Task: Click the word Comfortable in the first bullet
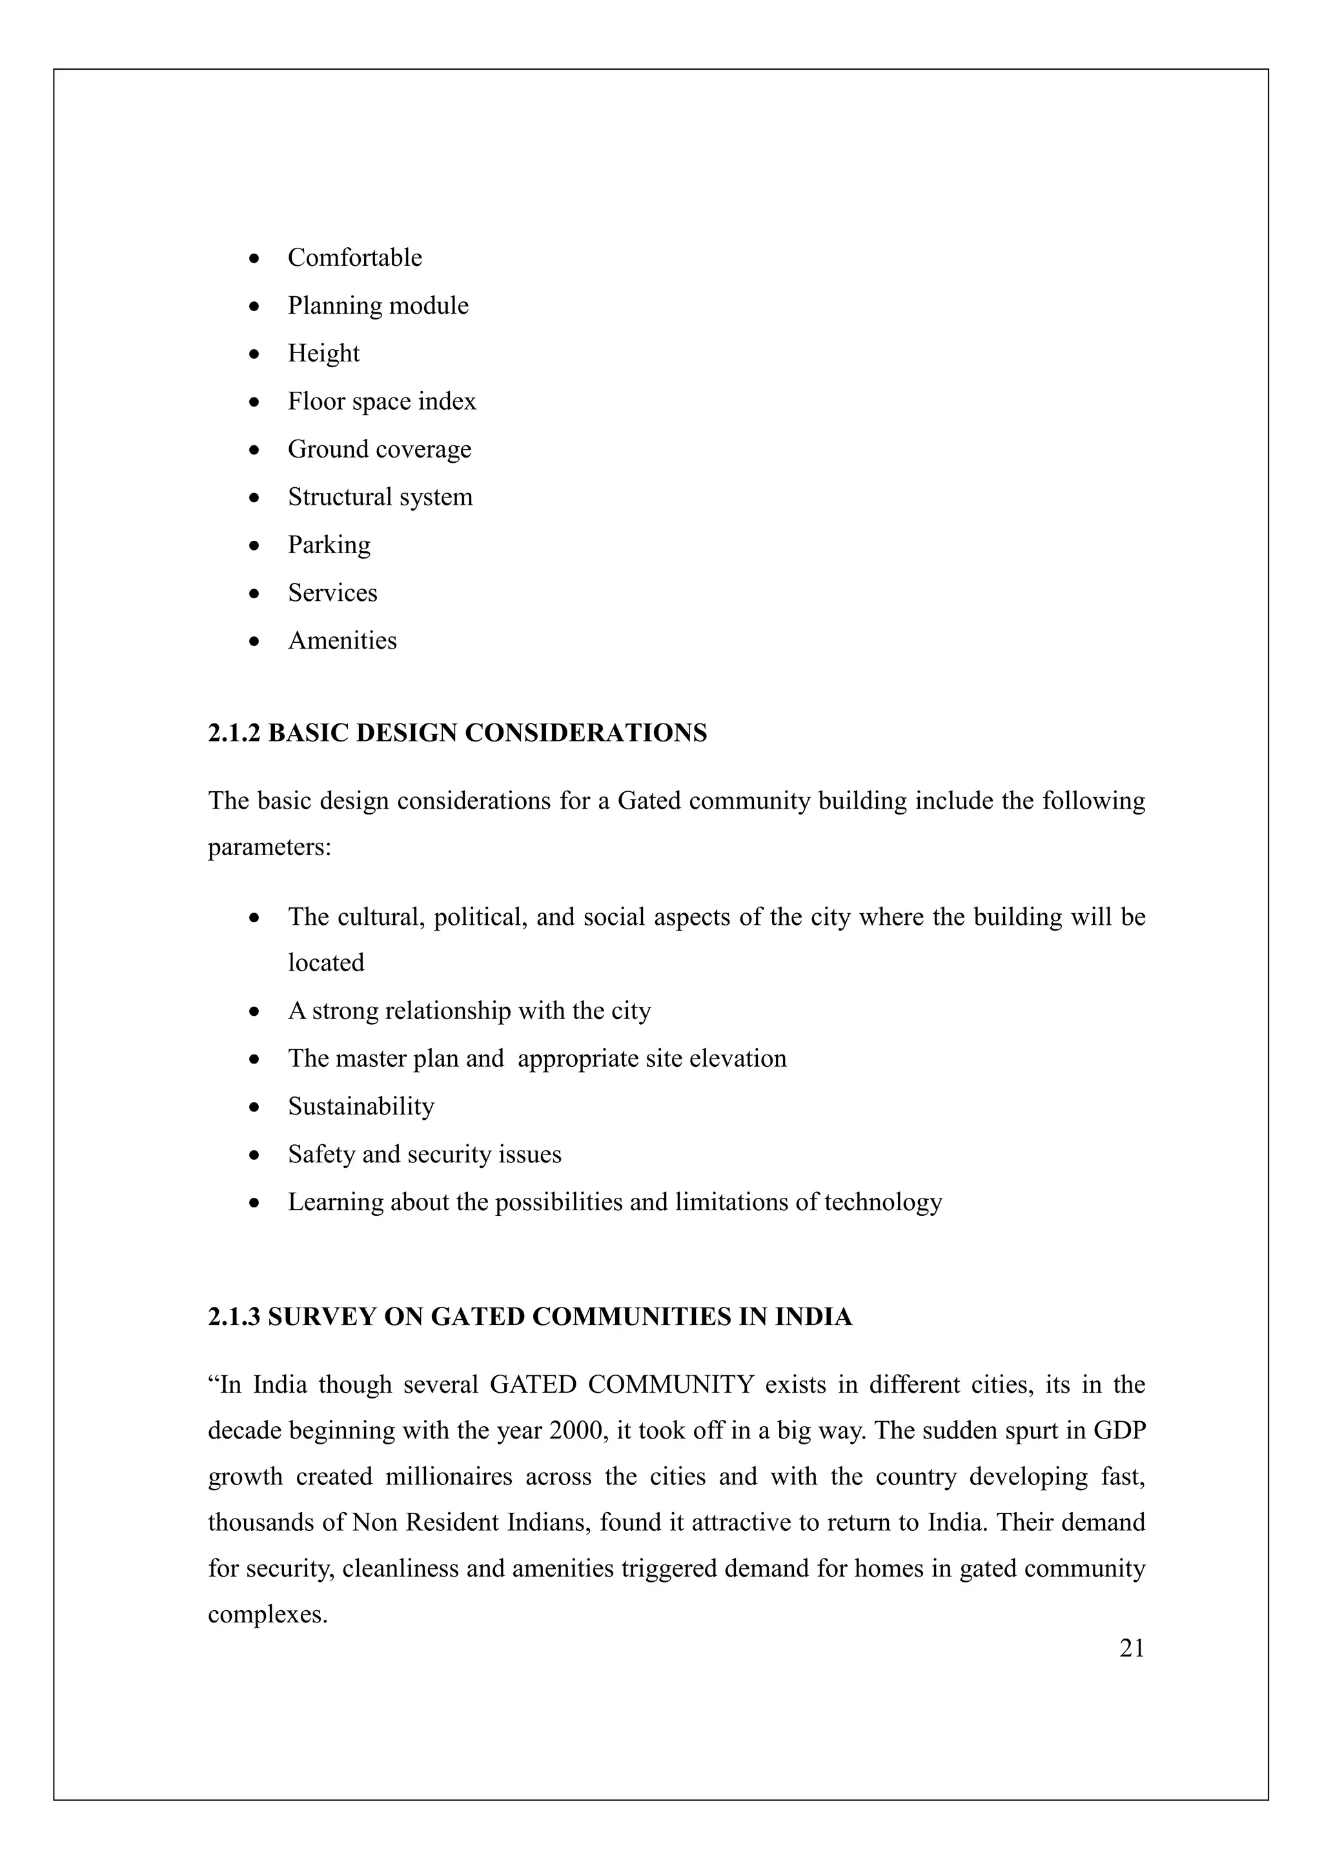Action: [354, 258]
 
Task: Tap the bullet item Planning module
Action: [378, 306]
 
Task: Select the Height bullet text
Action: [323, 353]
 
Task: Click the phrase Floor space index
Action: [381, 401]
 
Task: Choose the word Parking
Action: [329, 545]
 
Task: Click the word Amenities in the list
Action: [342, 641]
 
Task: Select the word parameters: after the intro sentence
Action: [269, 847]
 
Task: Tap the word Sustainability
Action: [361, 1107]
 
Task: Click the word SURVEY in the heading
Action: [321, 1317]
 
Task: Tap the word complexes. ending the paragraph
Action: [267, 1614]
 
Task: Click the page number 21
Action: [1132, 1649]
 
